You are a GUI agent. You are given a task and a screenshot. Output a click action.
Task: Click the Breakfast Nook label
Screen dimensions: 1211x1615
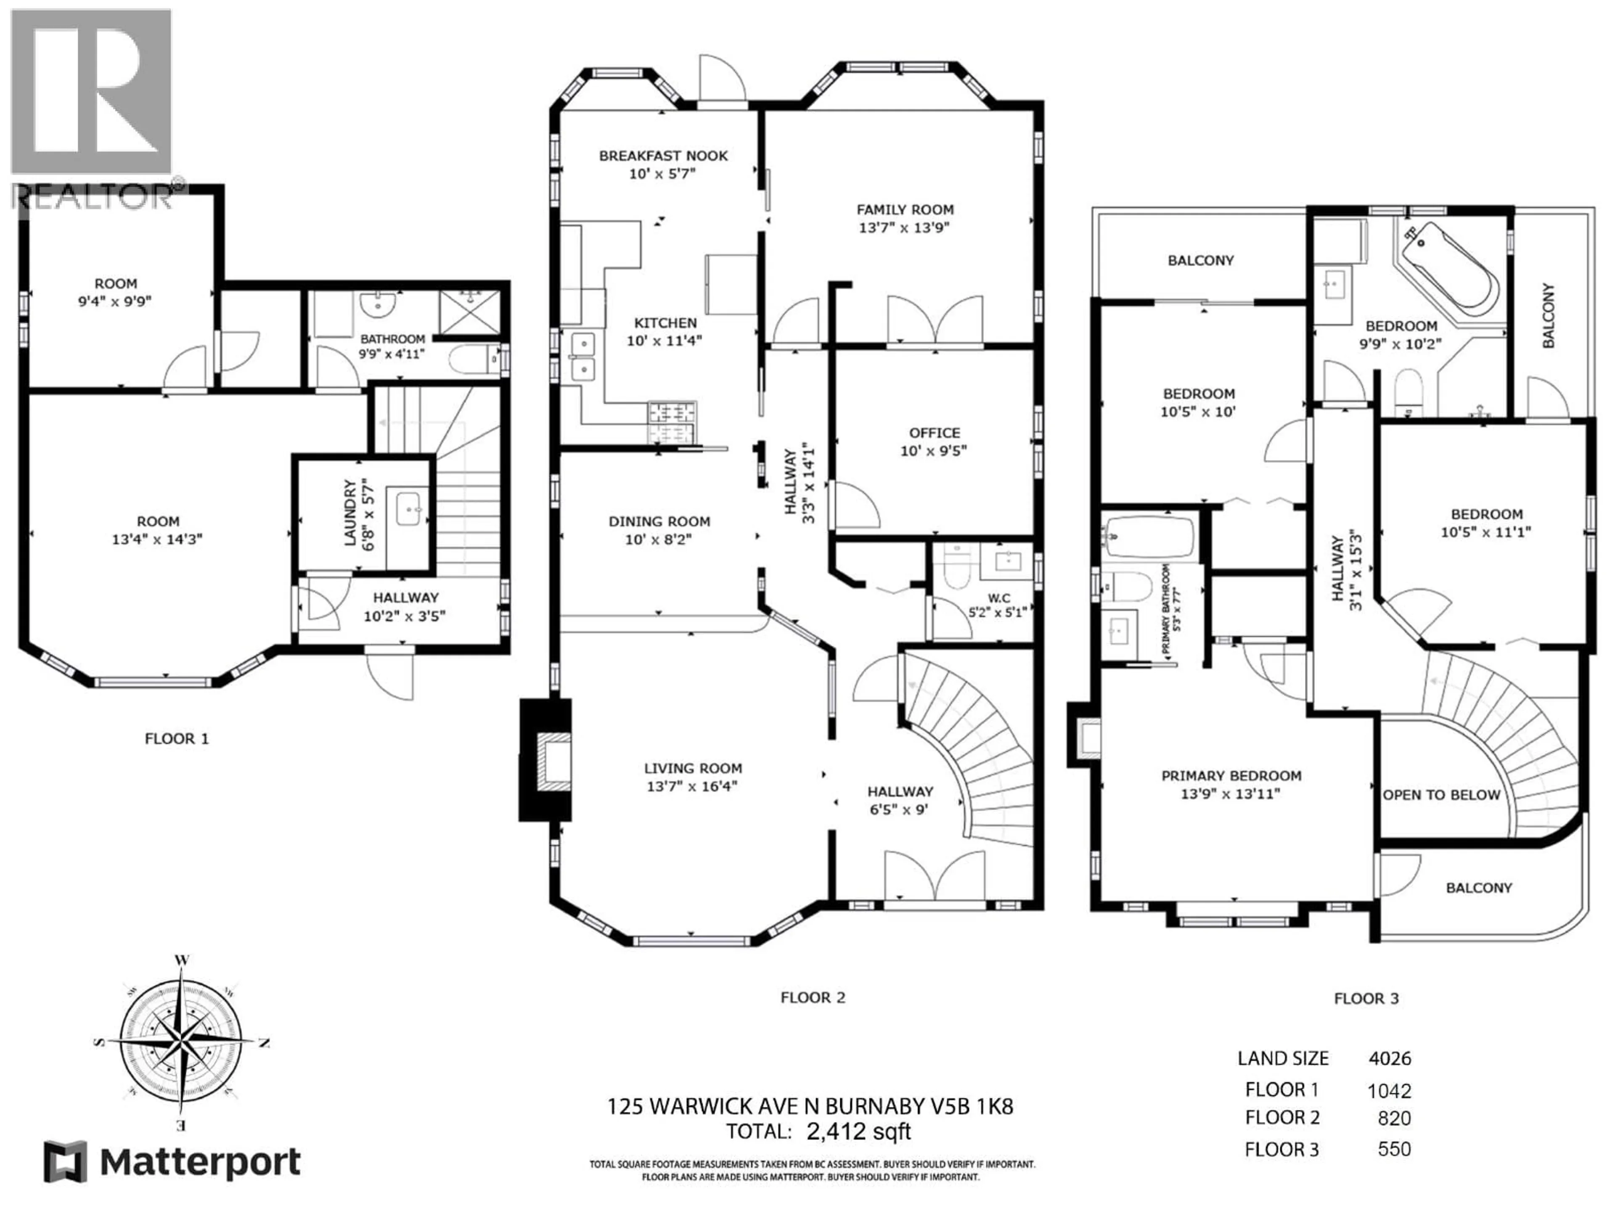(663, 156)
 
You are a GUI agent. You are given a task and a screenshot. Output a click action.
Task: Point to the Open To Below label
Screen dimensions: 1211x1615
(1441, 795)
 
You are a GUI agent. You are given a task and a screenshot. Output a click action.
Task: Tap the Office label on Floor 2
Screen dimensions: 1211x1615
(934, 433)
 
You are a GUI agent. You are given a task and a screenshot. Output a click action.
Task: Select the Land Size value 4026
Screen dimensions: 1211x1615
(1390, 1058)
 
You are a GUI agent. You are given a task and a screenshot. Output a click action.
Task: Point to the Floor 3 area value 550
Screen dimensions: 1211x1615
(1394, 1149)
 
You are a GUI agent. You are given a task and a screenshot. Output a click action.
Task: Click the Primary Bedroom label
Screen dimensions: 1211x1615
(1231, 776)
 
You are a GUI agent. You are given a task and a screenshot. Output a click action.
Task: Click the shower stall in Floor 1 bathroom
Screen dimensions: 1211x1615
(469, 312)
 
